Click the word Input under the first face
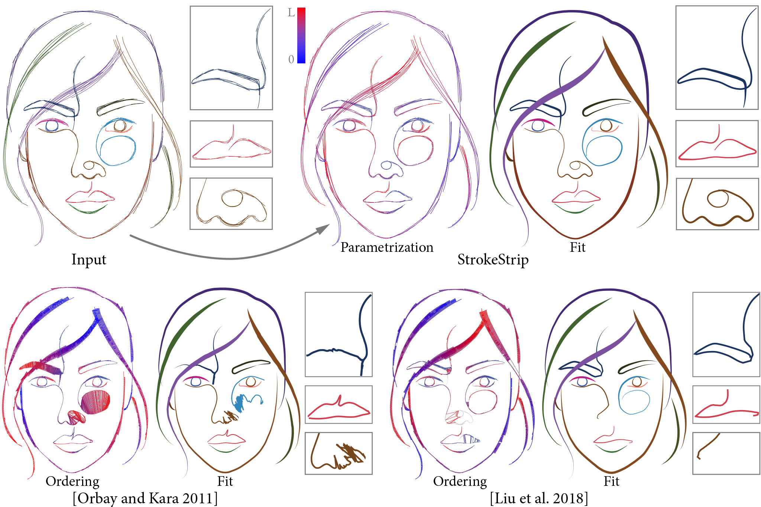click(x=89, y=259)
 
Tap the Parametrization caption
click(x=387, y=247)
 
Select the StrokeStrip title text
click(x=493, y=259)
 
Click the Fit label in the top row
click(x=577, y=247)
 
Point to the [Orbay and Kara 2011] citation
click(x=145, y=498)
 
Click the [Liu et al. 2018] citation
click(x=539, y=498)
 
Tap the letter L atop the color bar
click(x=291, y=13)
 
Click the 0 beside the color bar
click(x=291, y=59)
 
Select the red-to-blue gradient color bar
click(x=301, y=35)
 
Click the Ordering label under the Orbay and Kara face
click(x=72, y=481)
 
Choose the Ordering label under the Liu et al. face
click(x=460, y=481)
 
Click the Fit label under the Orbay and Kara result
click(x=225, y=481)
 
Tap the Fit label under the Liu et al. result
click(x=611, y=481)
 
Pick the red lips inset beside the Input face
click(x=231, y=144)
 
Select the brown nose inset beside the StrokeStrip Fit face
click(x=717, y=204)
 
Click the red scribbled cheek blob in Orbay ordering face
click(x=96, y=402)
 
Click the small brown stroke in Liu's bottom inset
click(x=708, y=445)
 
